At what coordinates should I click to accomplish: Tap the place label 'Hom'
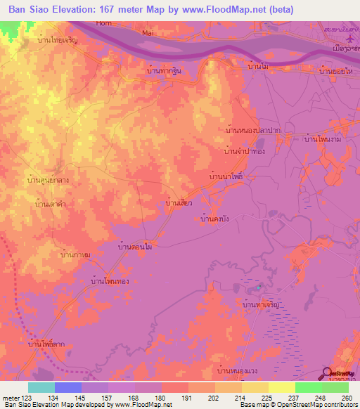104,23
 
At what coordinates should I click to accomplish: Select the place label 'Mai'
148,32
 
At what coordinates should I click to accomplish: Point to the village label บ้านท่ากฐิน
164,71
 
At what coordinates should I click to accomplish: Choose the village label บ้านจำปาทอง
244,151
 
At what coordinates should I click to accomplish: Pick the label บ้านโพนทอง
110,280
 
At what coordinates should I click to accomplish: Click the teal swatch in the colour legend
41,387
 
